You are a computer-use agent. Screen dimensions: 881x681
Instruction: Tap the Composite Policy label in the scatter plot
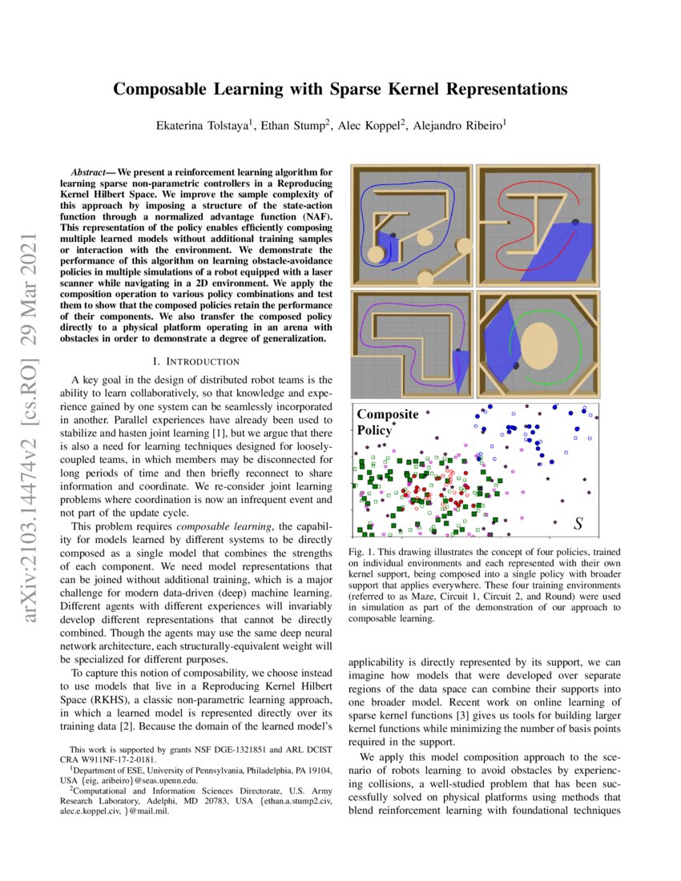tap(388, 421)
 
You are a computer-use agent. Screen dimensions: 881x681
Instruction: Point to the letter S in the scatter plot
tap(578, 525)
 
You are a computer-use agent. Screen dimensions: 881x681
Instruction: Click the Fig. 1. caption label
tap(365, 553)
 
